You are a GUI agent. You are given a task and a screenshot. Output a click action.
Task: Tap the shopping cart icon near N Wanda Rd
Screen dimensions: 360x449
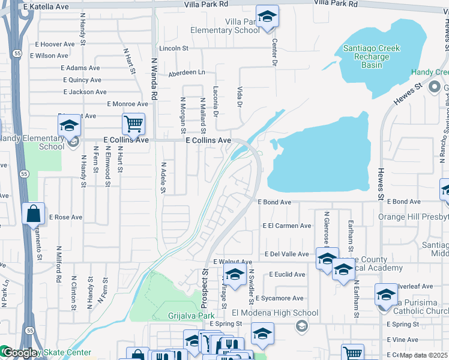(x=133, y=124)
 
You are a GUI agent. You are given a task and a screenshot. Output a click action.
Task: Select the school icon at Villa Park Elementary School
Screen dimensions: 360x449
(x=267, y=16)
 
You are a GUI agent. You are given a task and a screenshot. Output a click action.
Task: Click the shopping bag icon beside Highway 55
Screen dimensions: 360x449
(x=33, y=214)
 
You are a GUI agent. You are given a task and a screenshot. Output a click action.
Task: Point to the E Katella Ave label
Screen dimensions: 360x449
(x=47, y=6)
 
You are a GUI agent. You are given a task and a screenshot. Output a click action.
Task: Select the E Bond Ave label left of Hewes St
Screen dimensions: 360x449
(x=274, y=203)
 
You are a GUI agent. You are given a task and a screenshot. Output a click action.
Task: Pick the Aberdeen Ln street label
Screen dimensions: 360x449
(x=186, y=73)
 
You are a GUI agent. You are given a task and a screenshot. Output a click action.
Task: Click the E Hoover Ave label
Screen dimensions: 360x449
(x=54, y=44)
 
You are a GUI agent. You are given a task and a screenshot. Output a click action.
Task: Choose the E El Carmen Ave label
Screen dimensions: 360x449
(x=288, y=226)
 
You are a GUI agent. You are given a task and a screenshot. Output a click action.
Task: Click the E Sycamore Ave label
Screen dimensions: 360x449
(x=279, y=298)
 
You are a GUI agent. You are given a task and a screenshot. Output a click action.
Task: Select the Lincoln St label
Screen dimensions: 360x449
(x=174, y=48)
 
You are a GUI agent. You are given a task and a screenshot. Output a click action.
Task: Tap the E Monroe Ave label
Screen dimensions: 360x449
(x=127, y=104)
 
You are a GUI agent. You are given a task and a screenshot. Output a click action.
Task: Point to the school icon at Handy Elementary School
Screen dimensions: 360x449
(x=70, y=125)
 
